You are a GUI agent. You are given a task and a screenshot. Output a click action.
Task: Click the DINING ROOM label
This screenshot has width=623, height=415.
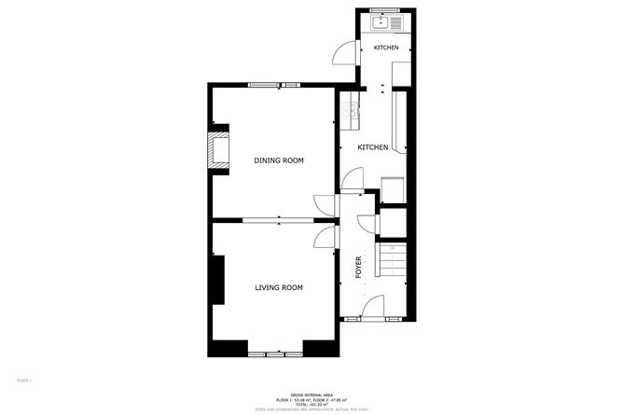point(279,160)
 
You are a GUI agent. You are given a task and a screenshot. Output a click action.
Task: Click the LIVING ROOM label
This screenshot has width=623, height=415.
point(279,287)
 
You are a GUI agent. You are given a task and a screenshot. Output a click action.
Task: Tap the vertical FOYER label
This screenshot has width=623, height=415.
point(359,268)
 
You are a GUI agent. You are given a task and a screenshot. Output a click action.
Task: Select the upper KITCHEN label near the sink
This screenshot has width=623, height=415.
point(386,48)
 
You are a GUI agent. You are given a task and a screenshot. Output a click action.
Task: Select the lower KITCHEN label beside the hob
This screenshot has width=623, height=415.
point(373,147)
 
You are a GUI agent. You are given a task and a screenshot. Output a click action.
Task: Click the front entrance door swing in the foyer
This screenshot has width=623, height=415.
point(372,306)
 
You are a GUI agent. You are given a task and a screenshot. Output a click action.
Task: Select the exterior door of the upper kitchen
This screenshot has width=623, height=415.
point(346,54)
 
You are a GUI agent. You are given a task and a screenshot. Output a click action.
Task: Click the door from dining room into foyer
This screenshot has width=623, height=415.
point(323,203)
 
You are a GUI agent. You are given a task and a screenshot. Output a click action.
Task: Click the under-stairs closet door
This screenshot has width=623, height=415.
point(367,225)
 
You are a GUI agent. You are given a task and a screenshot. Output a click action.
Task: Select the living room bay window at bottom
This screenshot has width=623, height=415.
point(276,353)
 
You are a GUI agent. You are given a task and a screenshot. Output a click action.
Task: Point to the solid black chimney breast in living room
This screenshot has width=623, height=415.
point(217,281)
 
